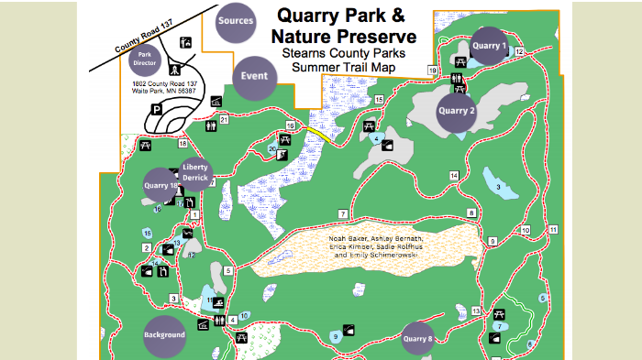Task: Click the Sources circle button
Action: pos(236,23)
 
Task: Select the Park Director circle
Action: pos(145,60)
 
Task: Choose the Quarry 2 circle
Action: pos(457,111)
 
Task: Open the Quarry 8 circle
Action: pos(417,339)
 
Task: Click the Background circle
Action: pos(164,334)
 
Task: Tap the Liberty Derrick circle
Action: pos(195,173)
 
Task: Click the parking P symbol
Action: pos(157,109)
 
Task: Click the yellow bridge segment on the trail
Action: pos(315,135)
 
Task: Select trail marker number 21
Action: pos(224,119)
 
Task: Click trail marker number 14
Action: pos(453,175)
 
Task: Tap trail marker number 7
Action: pos(341,214)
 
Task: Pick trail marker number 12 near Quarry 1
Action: pos(519,52)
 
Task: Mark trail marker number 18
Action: pos(183,144)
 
